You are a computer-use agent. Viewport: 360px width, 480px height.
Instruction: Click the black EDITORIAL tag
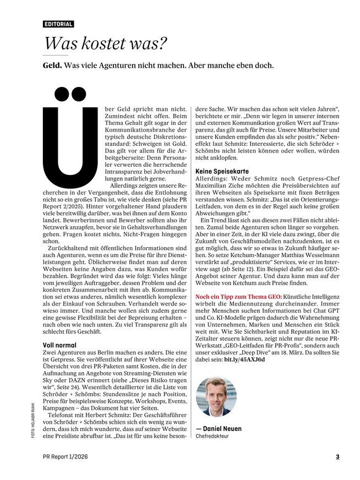58,24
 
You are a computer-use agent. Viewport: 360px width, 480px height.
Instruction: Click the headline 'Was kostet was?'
105,43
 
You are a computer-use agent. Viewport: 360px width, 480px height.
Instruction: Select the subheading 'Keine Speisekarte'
220,172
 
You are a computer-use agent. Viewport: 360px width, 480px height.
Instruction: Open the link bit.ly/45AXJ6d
244,359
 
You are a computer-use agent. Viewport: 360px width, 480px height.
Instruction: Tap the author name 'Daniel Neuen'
222,429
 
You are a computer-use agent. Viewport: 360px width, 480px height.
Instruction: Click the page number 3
338,456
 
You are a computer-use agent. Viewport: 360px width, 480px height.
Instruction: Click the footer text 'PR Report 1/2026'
65,456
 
